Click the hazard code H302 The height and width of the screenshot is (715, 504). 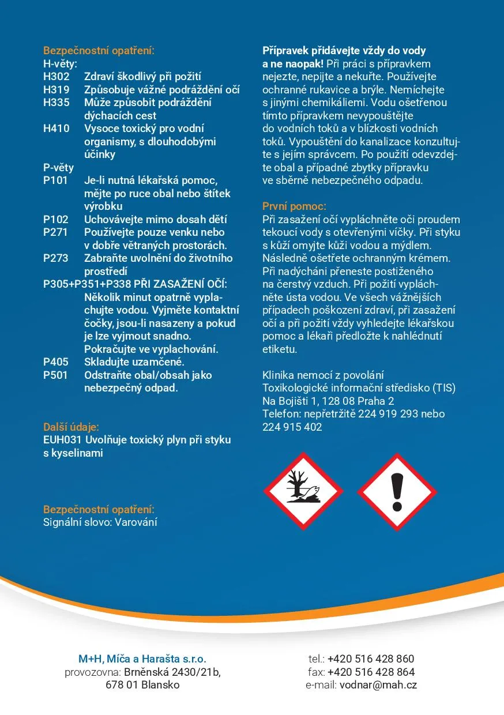(56, 77)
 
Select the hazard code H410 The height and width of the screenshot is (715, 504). (56, 129)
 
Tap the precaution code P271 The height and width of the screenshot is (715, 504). (55, 232)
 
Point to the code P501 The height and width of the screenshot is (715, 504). (55, 375)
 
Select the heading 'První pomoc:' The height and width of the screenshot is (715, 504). (294, 206)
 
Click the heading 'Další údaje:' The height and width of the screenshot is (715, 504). (71, 427)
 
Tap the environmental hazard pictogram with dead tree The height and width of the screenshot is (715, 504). (303, 492)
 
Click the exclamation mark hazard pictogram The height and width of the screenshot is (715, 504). (397, 492)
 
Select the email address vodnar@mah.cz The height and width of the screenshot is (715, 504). (378, 685)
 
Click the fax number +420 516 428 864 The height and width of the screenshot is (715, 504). (371, 672)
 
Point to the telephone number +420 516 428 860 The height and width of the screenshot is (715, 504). (371, 658)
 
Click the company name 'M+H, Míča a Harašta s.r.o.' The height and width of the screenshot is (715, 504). (142, 658)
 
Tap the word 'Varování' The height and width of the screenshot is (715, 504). (136, 522)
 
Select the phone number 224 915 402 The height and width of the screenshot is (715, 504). (292, 427)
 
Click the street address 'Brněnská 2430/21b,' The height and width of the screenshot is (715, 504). (172, 672)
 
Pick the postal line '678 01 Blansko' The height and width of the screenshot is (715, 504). (142, 685)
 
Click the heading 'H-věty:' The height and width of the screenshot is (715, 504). (60, 63)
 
